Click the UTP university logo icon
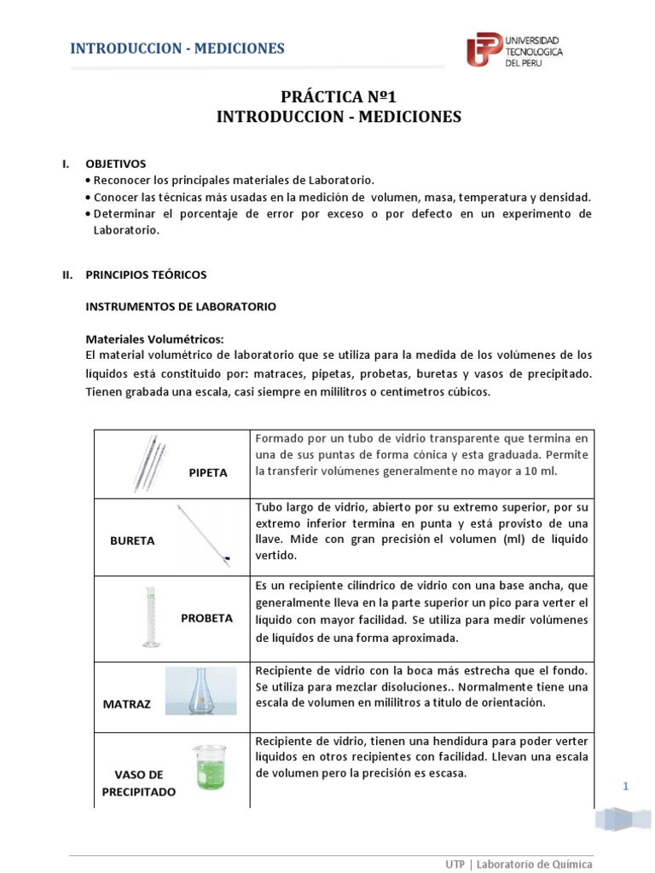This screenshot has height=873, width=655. (x=484, y=50)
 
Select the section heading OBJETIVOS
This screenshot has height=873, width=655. (x=116, y=163)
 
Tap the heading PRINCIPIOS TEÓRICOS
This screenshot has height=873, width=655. (x=146, y=275)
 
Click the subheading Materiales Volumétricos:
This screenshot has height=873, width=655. (x=155, y=338)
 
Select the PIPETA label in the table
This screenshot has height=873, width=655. (x=208, y=472)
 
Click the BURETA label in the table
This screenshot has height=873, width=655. (x=133, y=541)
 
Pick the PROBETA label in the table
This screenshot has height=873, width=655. (x=206, y=618)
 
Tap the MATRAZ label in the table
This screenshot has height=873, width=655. (x=126, y=704)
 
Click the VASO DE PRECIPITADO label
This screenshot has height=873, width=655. (x=138, y=783)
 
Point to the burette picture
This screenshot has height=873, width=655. (x=204, y=535)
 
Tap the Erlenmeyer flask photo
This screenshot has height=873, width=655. (x=201, y=690)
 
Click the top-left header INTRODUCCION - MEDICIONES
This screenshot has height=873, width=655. (x=177, y=48)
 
